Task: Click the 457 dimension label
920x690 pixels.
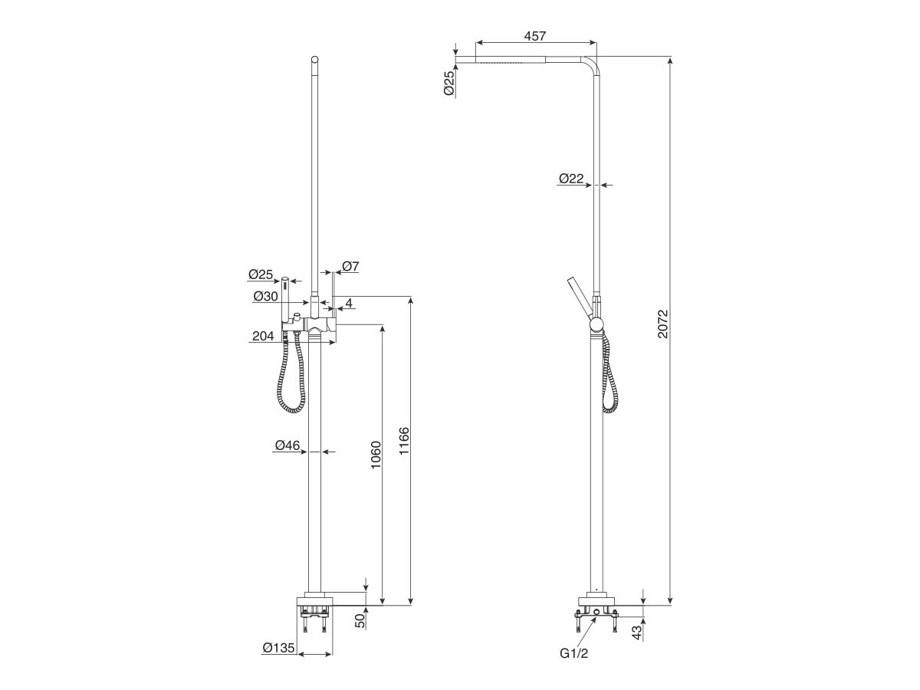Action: click(x=536, y=37)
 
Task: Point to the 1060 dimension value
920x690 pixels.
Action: click(x=375, y=457)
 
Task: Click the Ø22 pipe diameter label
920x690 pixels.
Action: click(x=571, y=179)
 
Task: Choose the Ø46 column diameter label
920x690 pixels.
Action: click(x=287, y=445)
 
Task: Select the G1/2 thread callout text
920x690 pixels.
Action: click(x=575, y=653)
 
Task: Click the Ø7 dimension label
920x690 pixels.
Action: click(x=350, y=267)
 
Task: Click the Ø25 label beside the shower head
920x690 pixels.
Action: click(x=449, y=83)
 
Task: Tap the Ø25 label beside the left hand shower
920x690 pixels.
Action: click(x=261, y=274)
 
